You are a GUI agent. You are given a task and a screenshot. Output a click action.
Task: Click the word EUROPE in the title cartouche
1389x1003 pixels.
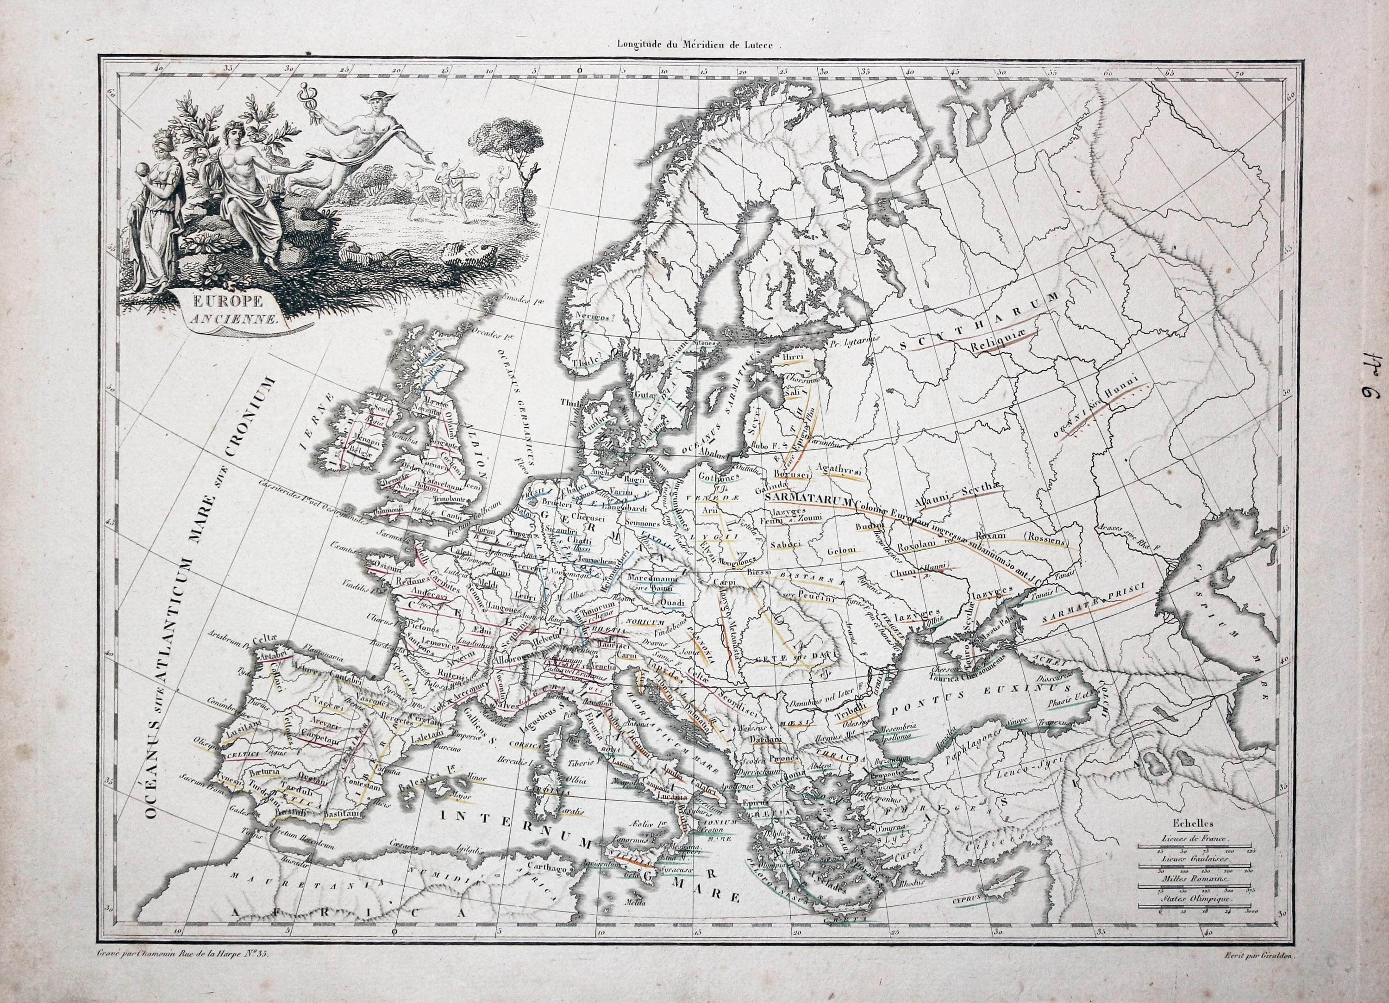pyautogui.click(x=236, y=301)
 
